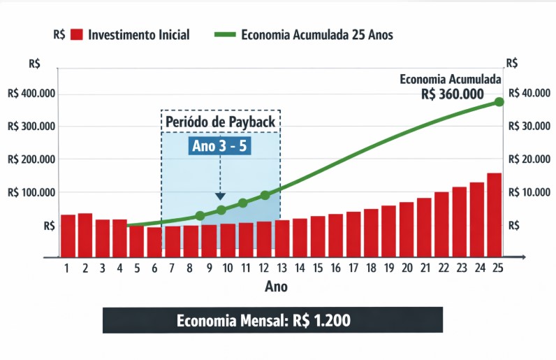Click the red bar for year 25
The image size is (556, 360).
(494, 214)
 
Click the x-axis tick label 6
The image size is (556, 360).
(154, 268)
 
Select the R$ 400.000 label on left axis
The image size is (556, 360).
(31, 94)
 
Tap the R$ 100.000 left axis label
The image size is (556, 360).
(31, 192)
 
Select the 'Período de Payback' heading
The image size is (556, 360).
(221, 122)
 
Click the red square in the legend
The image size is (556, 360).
(77, 34)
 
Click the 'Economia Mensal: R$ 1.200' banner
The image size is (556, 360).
(272, 321)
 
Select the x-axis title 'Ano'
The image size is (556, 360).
(276, 287)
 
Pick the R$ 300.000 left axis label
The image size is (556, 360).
(31, 127)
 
